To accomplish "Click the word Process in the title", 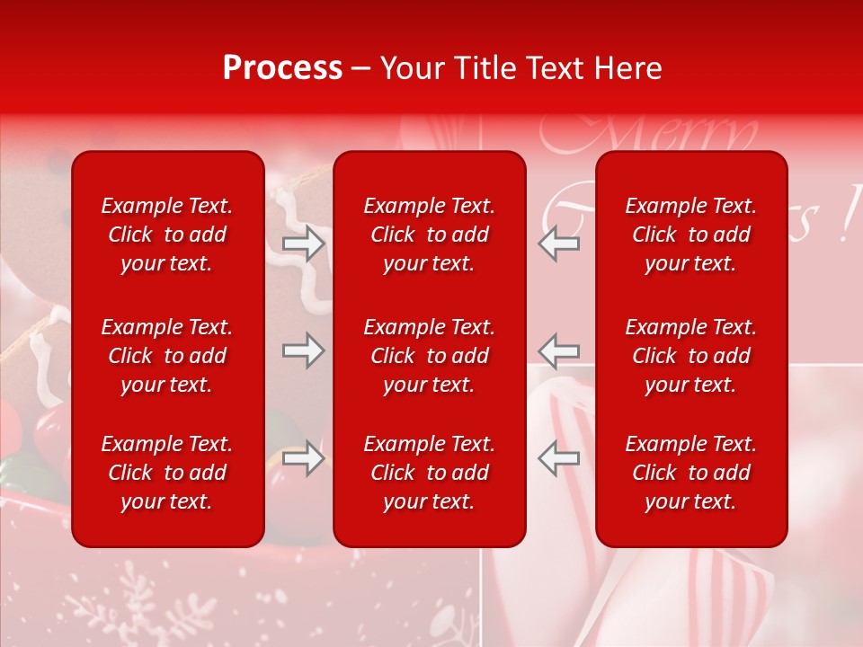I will (x=282, y=68).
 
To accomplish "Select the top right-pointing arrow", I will (x=303, y=244).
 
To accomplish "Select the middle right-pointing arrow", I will (x=303, y=350).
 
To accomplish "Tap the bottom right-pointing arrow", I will (x=303, y=458).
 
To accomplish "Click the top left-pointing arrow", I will (x=558, y=244).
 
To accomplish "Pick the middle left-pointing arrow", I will (x=558, y=350).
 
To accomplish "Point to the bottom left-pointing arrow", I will (x=558, y=458).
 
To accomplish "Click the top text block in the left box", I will (x=167, y=235).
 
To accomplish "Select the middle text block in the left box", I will (x=167, y=356).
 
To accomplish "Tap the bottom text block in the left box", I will (x=167, y=473).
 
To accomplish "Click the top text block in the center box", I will (x=430, y=235).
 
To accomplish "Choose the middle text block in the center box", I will (x=430, y=356).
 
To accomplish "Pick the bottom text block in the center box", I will (x=430, y=473).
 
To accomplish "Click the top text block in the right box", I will (x=691, y=235).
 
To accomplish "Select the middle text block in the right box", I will (x=691, y=356).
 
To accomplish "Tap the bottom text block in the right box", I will (x=691, y=473).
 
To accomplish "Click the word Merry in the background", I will (x=647, y=135).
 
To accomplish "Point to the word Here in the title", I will (x=627, y=68).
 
